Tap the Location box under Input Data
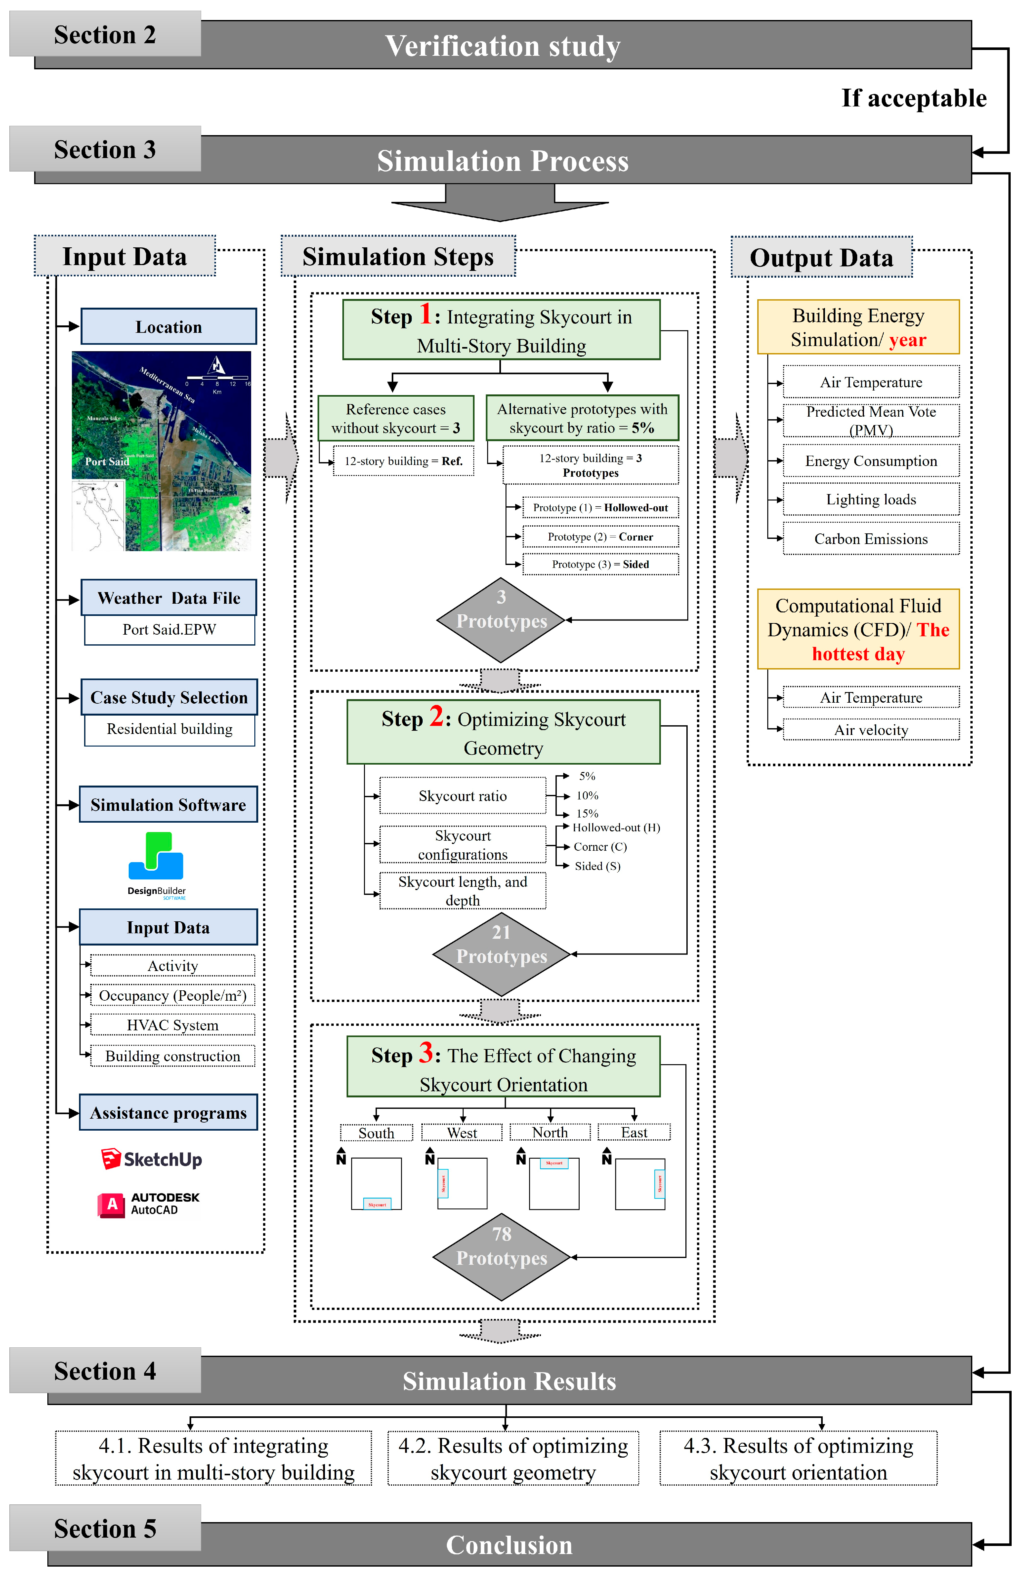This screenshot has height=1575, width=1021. pos(169,326)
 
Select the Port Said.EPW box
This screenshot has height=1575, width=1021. pos(169,629)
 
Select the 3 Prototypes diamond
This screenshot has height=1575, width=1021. pos(501,620)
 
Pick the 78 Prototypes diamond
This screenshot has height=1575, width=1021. pos(501,1256)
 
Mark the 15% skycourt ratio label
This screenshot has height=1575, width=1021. pos(587,813)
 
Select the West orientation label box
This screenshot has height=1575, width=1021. pos(462,1132)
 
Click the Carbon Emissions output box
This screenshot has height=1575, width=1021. pos(871,539)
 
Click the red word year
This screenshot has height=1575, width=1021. pos(907,340)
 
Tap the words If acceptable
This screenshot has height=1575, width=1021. pos(914,98)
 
